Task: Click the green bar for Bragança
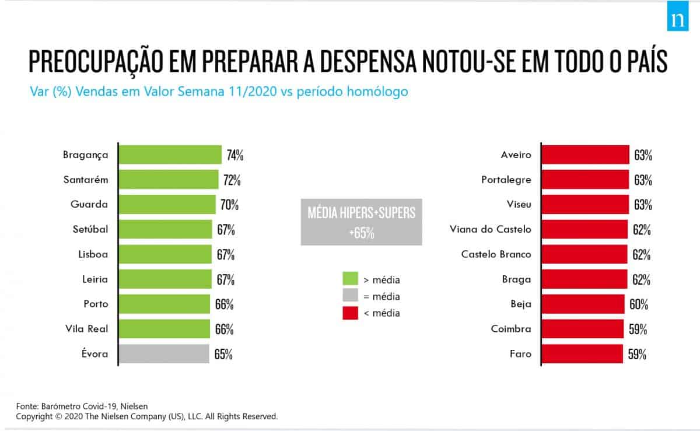tap(170, 155)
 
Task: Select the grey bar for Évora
tap(164, 353)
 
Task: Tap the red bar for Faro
tap(582, 353)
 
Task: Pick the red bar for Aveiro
tap(585, 155)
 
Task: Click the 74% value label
tap(235, 156)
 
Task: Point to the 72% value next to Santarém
tap(232, 180)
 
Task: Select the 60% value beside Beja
tap(639, 304)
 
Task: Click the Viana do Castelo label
tap(491, 229)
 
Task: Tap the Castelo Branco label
tap(496, 254)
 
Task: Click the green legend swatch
tap(350, 279)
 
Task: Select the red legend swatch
tap(350, 313)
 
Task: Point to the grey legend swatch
tap(350, 296)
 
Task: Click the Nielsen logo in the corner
tap(678, 19)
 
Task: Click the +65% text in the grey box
tap(362, 233)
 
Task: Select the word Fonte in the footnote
tap(26, 406)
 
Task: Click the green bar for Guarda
tap(167, 205)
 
